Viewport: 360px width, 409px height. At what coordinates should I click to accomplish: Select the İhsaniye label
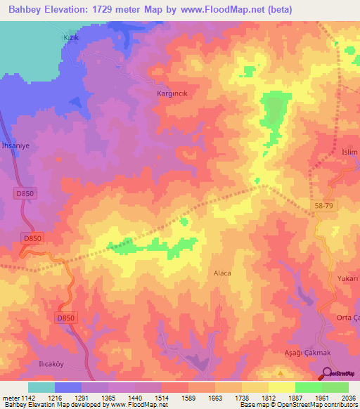[x=15, y=145]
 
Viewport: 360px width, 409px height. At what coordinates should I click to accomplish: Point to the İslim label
[x=349, y=152]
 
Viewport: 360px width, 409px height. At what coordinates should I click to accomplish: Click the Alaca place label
[x=221, y=272]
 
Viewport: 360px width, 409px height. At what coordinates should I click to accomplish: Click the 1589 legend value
[x=188, y=398]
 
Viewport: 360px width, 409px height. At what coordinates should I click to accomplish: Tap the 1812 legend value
[x=268, y=398]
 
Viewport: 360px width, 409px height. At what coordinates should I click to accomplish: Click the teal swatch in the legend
[x=41, y=387]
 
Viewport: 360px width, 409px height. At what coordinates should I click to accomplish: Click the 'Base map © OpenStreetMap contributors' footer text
[x=298, y=405]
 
